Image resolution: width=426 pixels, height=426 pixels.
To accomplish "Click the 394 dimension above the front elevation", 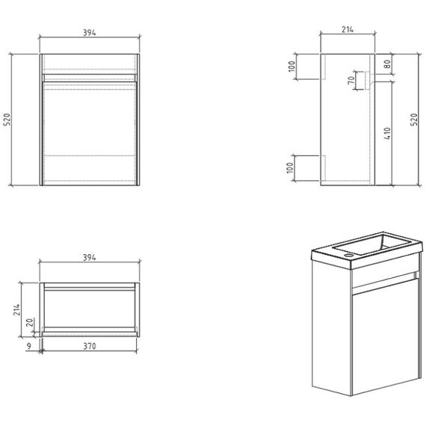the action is (90, 33).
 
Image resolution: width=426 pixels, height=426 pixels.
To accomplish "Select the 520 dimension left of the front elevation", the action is (7, 120).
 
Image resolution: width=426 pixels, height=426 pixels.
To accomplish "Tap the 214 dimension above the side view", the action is (348, 29).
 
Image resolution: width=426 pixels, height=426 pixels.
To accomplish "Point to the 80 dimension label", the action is (388, 64).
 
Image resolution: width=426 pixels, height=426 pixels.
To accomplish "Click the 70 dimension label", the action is (351, 81).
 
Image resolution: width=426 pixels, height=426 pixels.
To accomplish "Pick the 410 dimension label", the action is (387, 134).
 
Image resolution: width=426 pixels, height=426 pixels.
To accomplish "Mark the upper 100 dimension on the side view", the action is (291, 67).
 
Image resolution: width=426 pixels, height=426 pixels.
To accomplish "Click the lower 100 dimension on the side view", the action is (290, 167).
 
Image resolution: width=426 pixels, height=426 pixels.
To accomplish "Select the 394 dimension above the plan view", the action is (90, 257).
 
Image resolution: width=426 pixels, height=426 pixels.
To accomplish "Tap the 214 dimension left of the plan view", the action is (17, 309).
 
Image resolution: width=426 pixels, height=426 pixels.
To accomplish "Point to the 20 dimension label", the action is (30, 322).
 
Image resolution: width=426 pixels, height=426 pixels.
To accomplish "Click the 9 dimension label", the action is (29, 346).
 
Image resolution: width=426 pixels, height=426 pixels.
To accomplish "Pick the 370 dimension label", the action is (90, 346).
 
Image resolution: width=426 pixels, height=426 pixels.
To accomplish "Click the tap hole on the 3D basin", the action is (348, 256).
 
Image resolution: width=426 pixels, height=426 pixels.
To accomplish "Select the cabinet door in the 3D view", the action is (385, 336).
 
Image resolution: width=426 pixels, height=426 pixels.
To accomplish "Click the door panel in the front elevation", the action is (90, 133).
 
